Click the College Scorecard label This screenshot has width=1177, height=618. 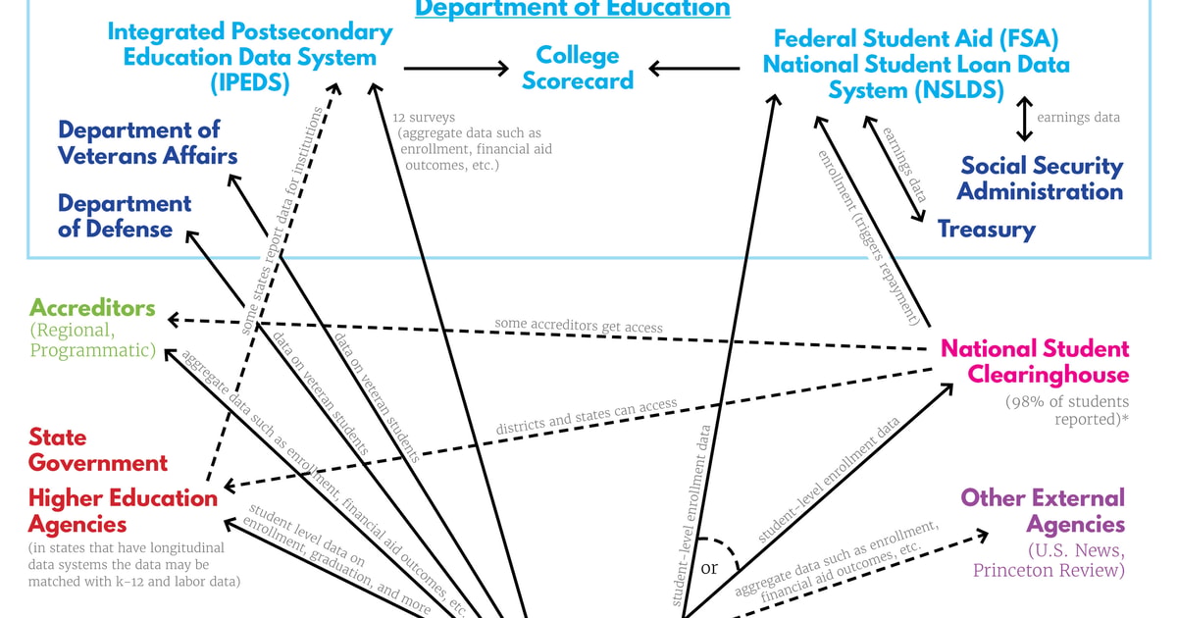577,68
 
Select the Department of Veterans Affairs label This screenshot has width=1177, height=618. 147,142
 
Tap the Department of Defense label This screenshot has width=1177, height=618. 124,216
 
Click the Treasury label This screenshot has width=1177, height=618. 986,230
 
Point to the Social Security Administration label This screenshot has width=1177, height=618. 1040,179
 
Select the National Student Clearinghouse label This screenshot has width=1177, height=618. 1035,361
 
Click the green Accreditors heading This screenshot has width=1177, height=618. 92,308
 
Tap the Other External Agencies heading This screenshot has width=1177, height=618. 1042,510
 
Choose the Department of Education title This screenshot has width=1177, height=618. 573,9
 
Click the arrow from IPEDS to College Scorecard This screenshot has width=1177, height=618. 456,68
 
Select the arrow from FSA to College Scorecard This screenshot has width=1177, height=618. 694,68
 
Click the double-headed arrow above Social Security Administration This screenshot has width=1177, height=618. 1024,118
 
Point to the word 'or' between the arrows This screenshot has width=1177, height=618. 709,568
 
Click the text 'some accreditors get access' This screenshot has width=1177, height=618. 578,326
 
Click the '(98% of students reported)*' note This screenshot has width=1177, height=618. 1066,410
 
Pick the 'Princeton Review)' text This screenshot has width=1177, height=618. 1049,570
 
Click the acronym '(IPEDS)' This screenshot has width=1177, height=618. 249,83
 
